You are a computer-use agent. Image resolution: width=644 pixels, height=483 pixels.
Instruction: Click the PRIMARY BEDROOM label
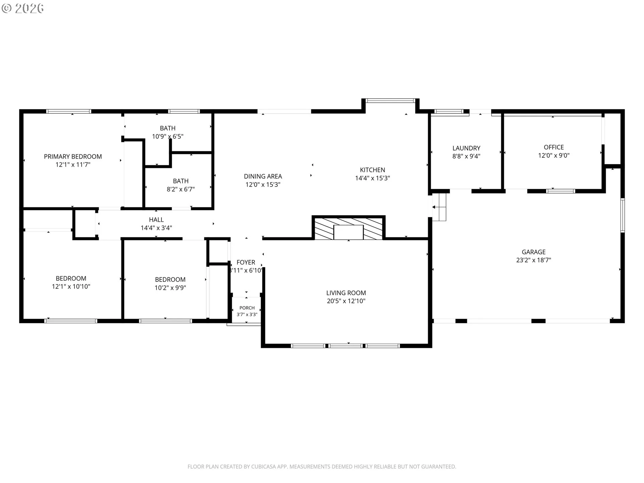73,157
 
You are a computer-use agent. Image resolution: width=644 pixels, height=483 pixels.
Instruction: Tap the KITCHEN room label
372,170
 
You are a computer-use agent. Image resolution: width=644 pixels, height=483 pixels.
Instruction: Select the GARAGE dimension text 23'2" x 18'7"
534,260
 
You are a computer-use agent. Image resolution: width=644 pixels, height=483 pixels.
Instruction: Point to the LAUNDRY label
466,148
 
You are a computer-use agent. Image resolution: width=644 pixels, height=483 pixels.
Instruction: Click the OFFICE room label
554,147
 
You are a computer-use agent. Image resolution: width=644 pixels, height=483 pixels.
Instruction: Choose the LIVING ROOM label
346,293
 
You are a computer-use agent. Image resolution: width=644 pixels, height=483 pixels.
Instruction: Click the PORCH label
247,308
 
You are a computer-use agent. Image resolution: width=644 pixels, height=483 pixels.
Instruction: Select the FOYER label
246,263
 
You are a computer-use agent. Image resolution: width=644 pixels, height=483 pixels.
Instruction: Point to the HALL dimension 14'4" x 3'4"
156,228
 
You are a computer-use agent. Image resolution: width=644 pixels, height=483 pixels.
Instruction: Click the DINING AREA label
263,176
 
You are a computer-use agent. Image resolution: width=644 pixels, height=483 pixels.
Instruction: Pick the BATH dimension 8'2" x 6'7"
181,189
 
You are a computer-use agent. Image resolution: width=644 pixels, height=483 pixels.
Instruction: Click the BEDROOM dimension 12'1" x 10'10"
71,286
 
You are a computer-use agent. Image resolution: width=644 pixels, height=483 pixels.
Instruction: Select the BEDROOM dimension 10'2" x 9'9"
170,288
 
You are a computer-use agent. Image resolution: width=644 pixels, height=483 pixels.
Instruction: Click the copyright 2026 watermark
23,8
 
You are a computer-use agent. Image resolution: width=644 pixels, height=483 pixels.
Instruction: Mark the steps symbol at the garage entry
439,207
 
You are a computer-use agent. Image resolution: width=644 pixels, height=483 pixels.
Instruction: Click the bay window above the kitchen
390,100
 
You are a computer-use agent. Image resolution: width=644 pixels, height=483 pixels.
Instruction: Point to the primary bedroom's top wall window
69,111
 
